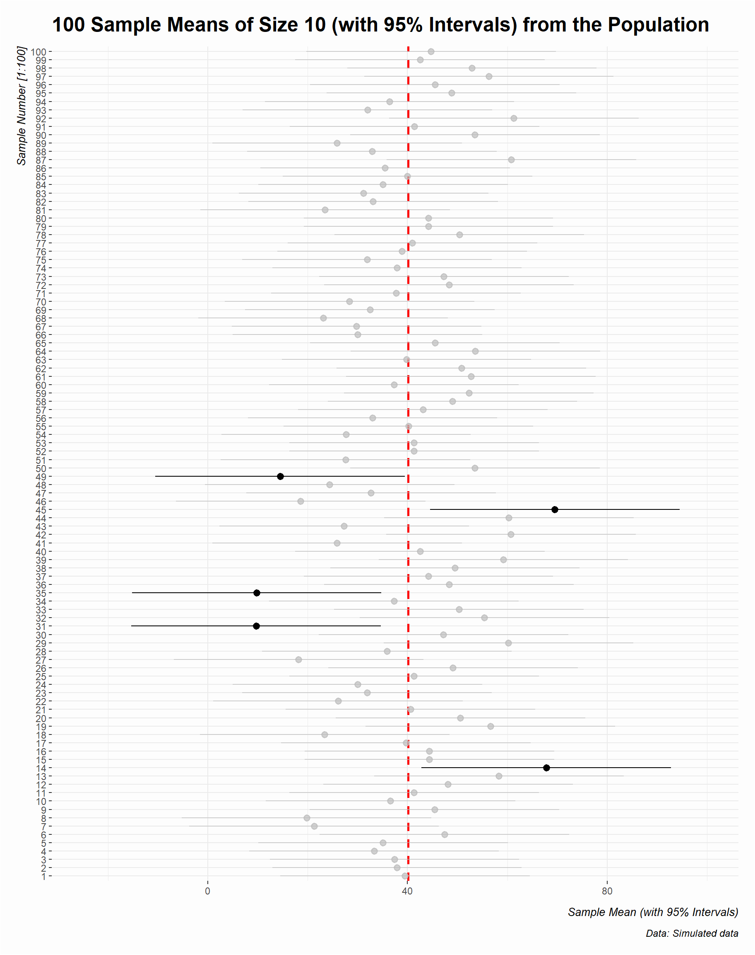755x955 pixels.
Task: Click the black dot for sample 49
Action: click(280, 477)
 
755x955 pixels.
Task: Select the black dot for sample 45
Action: click(555, 510)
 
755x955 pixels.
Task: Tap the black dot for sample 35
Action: click(257, 593)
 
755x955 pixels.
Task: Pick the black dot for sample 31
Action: click(256, 626)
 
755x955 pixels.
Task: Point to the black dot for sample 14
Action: click(546, 768)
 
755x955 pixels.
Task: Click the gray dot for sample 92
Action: click(514, 118)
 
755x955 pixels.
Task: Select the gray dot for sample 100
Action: click(431, 52)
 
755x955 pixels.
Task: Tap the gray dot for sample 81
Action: click(325, 210)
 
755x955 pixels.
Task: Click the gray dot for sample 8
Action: click(307, 818)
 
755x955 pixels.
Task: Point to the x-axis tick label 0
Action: click(208, 891)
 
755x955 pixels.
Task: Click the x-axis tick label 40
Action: click(408, 891)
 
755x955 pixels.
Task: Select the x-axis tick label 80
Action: click(607, 891)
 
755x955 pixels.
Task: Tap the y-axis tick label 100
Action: click(38, 52)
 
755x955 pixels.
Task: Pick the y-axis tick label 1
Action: click(43, 876)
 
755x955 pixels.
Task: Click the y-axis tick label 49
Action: click(41, 477)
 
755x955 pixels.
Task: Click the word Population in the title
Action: click(659, 25)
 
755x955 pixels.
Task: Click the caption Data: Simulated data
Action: click(692, 933)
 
